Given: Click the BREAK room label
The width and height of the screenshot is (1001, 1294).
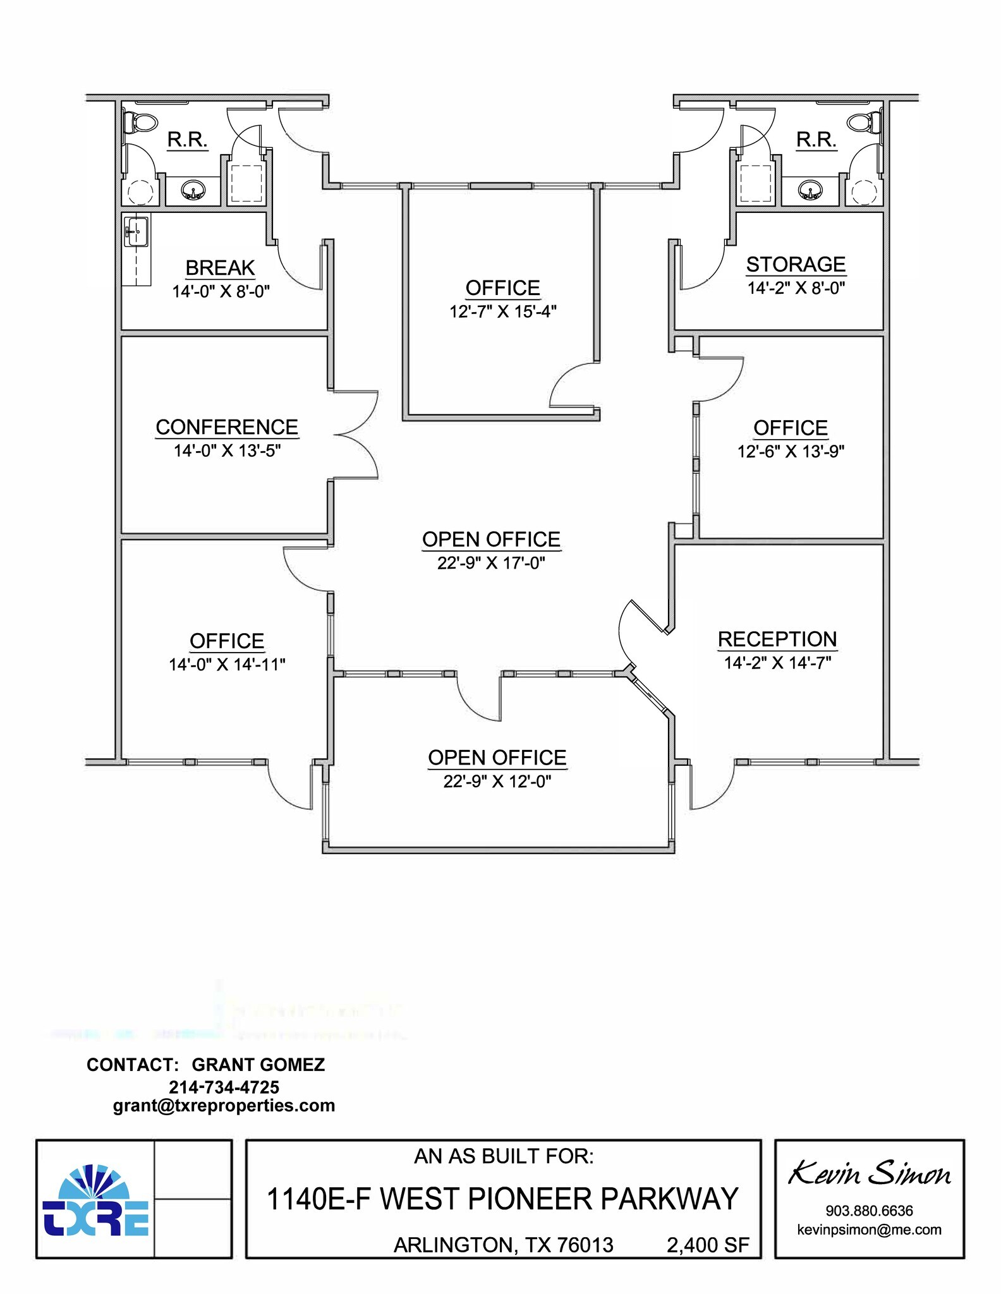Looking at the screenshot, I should pos(220,268).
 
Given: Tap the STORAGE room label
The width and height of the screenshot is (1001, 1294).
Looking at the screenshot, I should pos(796,264).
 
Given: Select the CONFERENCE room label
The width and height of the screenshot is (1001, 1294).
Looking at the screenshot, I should pos(227,427).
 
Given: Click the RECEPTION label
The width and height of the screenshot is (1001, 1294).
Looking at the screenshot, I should pos(777,639).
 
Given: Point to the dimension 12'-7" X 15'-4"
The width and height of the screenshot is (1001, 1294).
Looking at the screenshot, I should pos(503,311).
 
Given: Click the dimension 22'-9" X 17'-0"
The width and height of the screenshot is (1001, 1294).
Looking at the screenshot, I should pos(491,562).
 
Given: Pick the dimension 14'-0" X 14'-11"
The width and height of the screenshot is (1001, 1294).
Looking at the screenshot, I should pos(227,664).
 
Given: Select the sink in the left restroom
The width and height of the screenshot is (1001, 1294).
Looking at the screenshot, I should pos(193,190).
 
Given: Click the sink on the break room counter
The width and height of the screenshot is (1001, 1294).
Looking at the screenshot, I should pos(136,231).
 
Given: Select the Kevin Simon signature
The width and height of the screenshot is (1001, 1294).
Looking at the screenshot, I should pos(869,1175).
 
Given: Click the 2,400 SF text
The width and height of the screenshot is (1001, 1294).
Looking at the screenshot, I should pos(708,1245).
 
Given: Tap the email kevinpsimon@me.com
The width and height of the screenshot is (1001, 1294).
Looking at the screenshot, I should pos(869,1230).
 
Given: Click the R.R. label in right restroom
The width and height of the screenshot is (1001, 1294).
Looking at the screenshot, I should pos(816,139).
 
